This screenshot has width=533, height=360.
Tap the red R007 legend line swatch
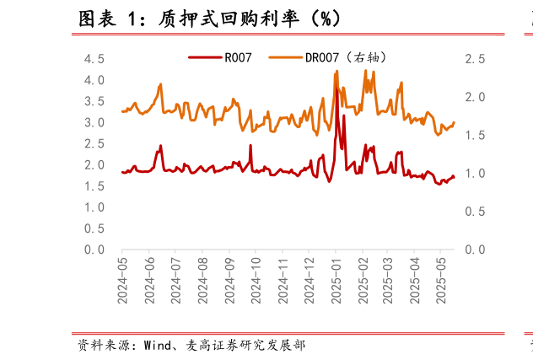[x=204, y=58]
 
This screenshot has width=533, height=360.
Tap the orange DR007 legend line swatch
[x=285, y=58]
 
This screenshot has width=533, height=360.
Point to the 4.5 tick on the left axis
[x=94, y=59]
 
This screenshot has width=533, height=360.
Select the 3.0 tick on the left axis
[x=94, y=122]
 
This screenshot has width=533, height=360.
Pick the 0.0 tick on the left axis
[x=94, y=250]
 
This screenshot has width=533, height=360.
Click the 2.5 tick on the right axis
[x=475, y=59]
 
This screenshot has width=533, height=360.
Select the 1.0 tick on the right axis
[x=475, y=174]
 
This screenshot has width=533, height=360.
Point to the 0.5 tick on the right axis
[x=475, y=212]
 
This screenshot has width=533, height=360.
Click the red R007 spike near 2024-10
[x=250, y=146]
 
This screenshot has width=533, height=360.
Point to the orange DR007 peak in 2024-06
[x=160, y=83]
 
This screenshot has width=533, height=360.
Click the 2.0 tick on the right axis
[x=475, y=97]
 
